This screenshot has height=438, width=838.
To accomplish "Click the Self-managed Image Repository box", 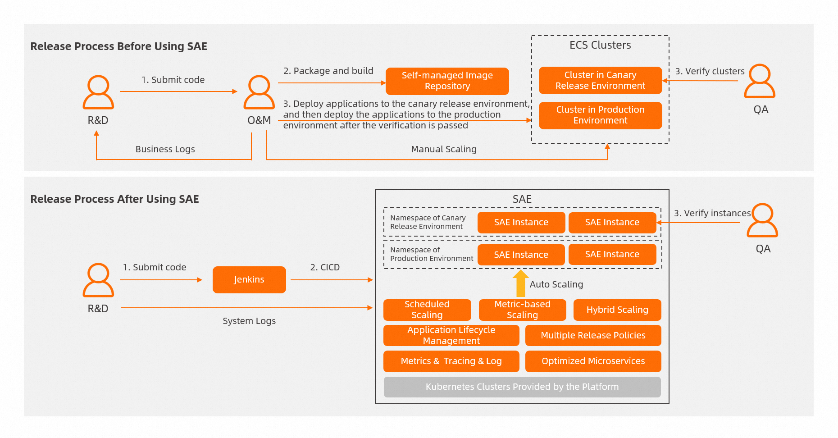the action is (x=447, y=81).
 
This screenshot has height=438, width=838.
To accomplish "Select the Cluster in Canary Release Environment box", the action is (x=600, y=80).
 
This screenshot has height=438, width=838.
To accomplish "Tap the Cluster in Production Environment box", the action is (x=600, y=115).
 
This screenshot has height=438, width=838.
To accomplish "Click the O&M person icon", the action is (x=259, y=92).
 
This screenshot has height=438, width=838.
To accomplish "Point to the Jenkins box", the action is (x=249, y=280).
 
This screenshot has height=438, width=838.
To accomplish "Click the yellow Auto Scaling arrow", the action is (x=520, y=283).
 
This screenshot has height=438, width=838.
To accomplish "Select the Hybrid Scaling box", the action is (x=617, y=310).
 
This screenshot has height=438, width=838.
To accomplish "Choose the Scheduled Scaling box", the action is (x=427, y=310).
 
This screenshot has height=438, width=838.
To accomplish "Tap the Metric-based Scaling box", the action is (x=522, y=310).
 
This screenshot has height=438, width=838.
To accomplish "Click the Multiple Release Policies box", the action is (x=593, y=335).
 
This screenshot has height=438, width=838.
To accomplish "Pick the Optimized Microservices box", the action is (x=593, y=361).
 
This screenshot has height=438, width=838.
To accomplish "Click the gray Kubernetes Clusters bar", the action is (x=522, y=387).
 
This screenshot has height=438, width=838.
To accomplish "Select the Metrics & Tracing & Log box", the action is (x=451, y=361).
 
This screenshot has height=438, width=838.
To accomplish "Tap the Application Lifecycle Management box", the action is (x=451, y=335).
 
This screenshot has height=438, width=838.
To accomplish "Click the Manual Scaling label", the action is (x=444, y=149).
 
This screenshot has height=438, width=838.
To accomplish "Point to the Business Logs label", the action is (x=165, y=149).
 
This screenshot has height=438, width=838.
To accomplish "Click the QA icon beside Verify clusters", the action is (x=760, y=81).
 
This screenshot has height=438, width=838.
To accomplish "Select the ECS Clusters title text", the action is (x=600, y=45).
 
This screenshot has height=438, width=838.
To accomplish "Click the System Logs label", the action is (x=249, y=321).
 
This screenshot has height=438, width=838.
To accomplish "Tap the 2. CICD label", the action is (x=325, y=267).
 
